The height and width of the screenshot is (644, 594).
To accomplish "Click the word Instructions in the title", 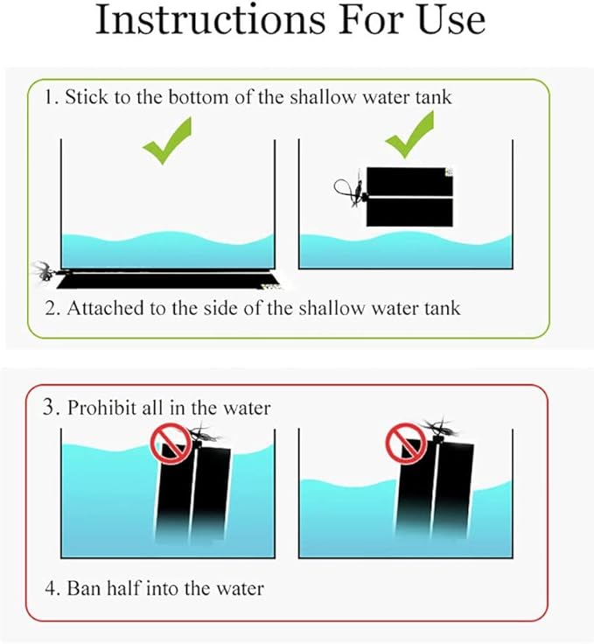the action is point(210,19).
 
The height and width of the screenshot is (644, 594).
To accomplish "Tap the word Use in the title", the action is point(451,19).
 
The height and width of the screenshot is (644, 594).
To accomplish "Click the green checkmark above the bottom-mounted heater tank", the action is point(167,141).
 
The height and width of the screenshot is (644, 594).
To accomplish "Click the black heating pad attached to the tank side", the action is point(409,197).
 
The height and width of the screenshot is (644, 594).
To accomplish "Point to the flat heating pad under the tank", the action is point(167,279).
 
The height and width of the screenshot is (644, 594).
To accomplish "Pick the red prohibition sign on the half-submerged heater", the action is point(406,444).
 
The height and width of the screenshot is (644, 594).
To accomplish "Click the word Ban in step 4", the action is point(84,588).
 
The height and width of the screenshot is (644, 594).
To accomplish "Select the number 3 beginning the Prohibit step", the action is point(49,407).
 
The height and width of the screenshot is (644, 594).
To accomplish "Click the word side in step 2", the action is point(221,308).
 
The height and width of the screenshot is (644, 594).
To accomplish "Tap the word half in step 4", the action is point(123,588).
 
